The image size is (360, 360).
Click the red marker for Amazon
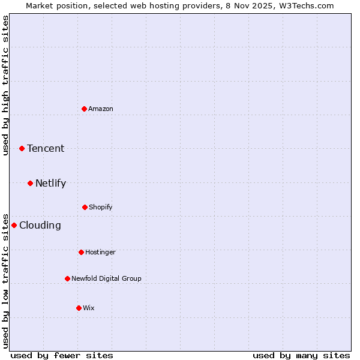pyautogui.click(x=84, y=109)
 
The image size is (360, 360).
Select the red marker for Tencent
pyautogui.click(x=22, y=148)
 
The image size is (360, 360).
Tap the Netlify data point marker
pyautogui.click(x=30, y=183)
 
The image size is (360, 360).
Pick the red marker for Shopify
pyautogui.click(x=85, y=207)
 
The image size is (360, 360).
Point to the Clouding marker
pyautogui.click(x=14, y=225)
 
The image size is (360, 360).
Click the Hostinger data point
pyautogui.click(x=81, y=252)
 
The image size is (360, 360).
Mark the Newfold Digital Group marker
pyautogui.click(x=67, y=278)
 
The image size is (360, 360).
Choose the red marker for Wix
pyautogui.click(x=79, y=308)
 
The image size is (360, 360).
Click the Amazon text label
pyautogui.click(x=101, y=109)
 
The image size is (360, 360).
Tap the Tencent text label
pyautogui.click(x=46, y=148)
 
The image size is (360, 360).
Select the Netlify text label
pyautogui.click(x=50, y=183)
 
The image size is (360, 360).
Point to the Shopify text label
pyautogui.click(x=101, y=207)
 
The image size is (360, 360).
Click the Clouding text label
pyautogui.click(x=40, y=225)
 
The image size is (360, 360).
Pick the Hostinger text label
pyautogui.click(x=100, y=252)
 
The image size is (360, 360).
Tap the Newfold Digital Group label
pyautogui.click(x=106, y=278)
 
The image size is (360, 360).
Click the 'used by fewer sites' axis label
pyautogui.click(x=62, y=355)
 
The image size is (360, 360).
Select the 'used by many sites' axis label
pyautogui.click(x=301, y=355)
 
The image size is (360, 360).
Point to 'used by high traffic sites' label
pyautogui.click(x=5, y=85)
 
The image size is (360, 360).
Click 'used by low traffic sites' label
pyautogui.click(x=5, y=280)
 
